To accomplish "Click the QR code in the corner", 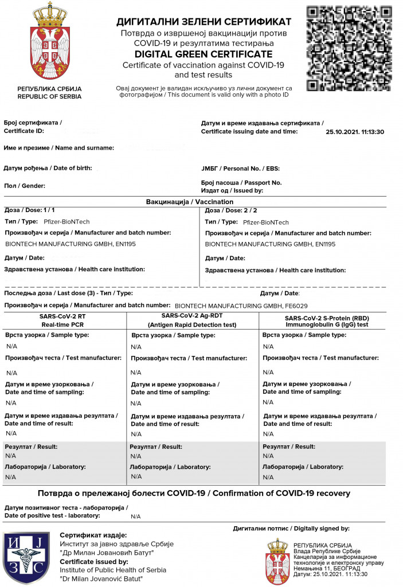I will click(349, 48).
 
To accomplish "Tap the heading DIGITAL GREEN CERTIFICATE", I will click(204, 54).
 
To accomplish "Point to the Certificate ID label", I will click(24, 131).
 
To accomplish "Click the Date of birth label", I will click(48, 169).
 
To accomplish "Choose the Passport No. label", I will click(241, 182).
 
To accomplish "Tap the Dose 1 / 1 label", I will click(30, 210).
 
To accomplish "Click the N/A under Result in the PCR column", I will click(10, 456).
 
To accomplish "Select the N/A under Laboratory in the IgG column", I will click(268, 477).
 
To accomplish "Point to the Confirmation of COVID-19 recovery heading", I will click(194, 493).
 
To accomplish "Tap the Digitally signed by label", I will click(291, 529).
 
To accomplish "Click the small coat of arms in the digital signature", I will click(277, 560).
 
